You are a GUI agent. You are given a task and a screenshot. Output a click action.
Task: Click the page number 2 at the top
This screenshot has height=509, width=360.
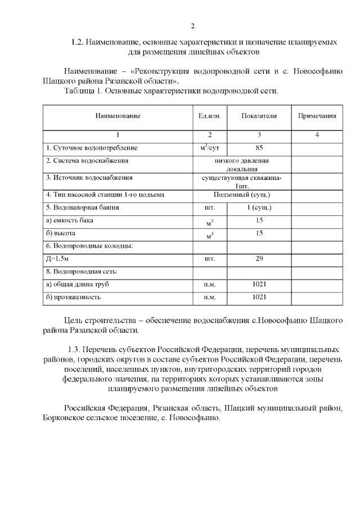point(192,26)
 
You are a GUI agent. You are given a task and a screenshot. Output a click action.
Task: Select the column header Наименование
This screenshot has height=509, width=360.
point(118,116)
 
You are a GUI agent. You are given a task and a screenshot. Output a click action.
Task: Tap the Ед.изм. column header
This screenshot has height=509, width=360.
point(210,116)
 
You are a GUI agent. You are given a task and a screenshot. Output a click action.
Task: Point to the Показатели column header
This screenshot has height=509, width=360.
point(259,116)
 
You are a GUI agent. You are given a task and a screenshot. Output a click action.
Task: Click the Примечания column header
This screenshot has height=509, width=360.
point(317,116)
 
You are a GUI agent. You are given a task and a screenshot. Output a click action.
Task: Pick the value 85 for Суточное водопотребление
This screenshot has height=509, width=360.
point(259,148)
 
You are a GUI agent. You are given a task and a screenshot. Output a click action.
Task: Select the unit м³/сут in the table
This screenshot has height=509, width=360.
point(210,148)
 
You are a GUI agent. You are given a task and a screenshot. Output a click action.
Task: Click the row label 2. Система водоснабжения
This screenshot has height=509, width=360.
point(88,160)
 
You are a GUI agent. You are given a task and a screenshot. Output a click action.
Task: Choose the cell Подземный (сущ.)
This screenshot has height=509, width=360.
point(242,195)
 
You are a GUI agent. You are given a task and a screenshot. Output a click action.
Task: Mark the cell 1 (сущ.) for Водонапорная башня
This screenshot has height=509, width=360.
point(259,208)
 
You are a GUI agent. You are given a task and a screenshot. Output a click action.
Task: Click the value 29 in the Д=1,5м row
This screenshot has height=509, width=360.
point(259,259)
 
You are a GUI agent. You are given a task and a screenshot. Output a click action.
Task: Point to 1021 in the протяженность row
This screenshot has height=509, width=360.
point(259,297)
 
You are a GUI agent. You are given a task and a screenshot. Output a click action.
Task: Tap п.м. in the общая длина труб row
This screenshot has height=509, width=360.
point(210,285)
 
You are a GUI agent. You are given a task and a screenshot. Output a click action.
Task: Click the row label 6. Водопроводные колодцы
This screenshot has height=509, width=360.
point(89,246)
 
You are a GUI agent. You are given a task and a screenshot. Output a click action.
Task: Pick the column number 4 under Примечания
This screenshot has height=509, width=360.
point(317,135)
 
